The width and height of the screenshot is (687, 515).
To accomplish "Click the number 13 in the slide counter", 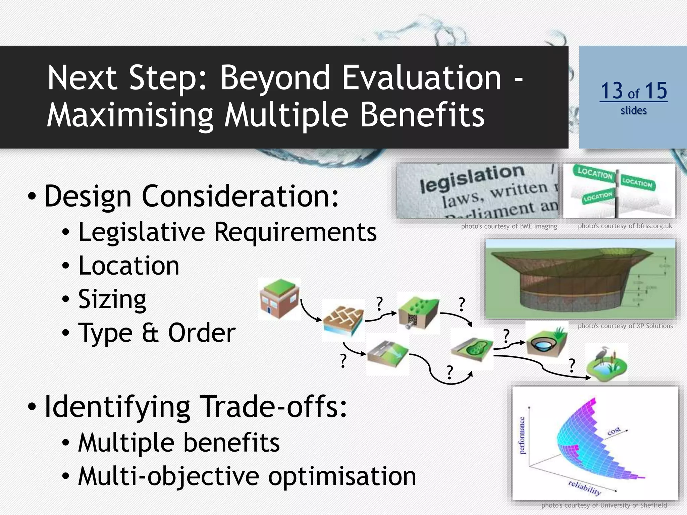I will point(611,91).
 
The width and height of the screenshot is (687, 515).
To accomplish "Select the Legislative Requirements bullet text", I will point(227,232).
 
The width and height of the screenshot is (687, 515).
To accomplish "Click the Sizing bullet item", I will point(112,299).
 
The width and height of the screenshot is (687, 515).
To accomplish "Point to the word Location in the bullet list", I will point(129,266).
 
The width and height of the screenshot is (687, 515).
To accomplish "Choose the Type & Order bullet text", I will point(157,333).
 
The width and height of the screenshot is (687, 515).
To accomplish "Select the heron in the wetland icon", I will point(600,355).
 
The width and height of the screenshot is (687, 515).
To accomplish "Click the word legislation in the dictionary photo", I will point(472,178).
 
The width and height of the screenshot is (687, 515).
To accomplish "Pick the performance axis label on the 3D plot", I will point(522,436).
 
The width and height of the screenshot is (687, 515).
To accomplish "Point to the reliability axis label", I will point(584,488).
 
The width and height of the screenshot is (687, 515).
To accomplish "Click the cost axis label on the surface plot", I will point(614,431).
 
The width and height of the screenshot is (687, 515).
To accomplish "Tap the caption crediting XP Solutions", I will point(625,326).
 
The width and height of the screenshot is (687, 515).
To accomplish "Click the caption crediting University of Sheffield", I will point(604,505).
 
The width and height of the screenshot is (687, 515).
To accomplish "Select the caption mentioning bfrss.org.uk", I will point(625,226).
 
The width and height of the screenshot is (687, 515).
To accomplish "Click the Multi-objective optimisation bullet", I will point(247,476).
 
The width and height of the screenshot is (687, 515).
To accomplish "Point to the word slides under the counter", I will point(633,110).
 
